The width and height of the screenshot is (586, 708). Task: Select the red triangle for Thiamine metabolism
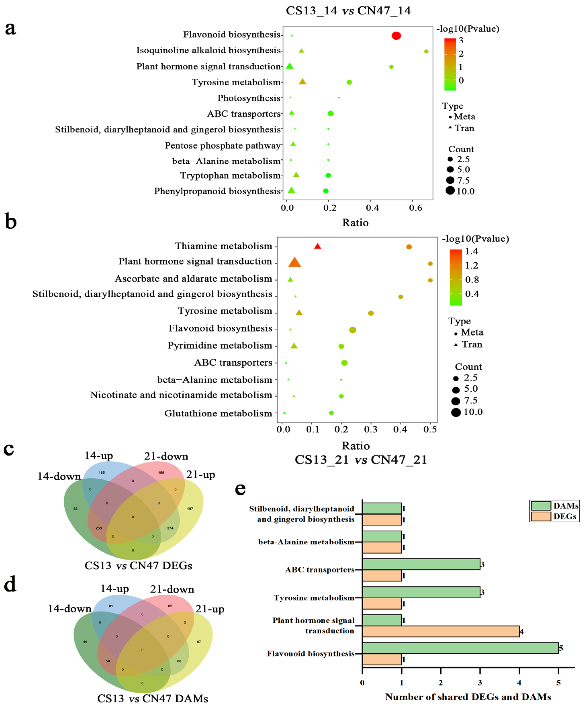(x=317, y=247)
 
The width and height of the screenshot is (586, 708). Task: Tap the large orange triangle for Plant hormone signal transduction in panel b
(x=295, y=263)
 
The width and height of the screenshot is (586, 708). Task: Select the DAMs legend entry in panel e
(x=554, y=506)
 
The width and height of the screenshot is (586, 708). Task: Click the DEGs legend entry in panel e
(x=554, y=516)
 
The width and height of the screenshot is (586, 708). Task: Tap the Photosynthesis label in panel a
(x=249, y=98)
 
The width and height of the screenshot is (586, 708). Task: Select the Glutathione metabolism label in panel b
(x=218, y=413)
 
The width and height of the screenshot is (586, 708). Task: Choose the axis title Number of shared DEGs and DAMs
(x=468, y=697)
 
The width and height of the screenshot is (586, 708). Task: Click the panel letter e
(x=240, y=489)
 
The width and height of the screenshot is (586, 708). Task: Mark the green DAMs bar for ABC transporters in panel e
(x=421, y=564)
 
